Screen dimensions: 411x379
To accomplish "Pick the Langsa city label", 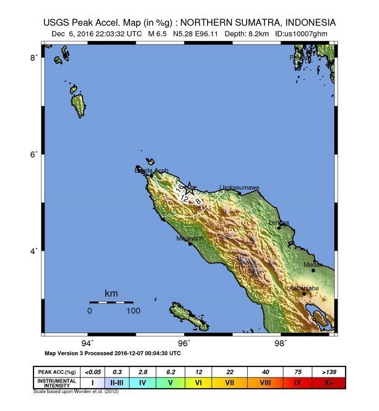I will pos(279,223).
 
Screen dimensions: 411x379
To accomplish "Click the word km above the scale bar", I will pos(111,293).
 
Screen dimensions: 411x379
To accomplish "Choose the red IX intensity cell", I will pos(297,383).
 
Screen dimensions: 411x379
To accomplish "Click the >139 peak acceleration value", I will pos(329,371).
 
